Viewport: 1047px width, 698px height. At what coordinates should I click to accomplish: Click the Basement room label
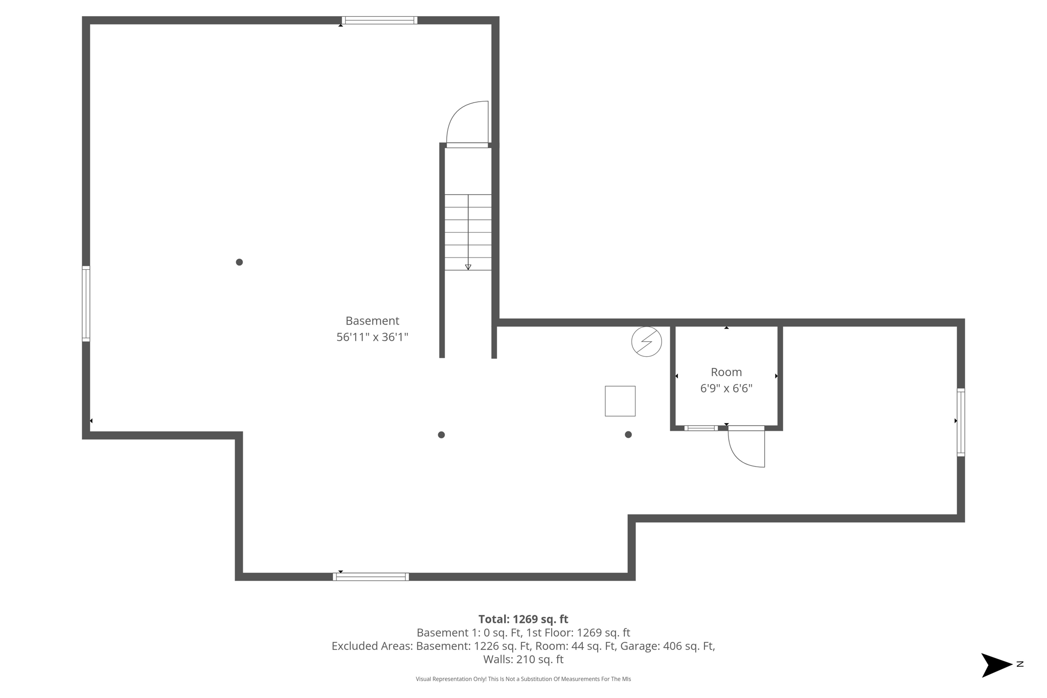click(x=372, y=321)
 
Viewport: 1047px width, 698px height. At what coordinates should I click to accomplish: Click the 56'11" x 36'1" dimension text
click(x=372, y=337)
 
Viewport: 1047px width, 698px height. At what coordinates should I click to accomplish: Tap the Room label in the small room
click(x=726, y=372)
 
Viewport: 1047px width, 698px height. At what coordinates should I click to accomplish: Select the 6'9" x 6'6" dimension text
click(x=726, y=388)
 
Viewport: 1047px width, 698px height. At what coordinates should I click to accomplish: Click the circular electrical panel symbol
click(x=647, y=341)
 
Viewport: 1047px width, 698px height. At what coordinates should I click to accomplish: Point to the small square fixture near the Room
click(x=620, y=401)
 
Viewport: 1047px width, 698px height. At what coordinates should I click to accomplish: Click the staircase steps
click(x=468, y=232)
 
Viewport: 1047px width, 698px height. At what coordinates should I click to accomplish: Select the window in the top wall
click(x=379, y=20)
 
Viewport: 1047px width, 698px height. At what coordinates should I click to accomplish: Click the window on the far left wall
click(x=86, y=304)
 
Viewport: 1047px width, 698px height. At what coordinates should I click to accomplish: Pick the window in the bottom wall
click(x=371, y=577)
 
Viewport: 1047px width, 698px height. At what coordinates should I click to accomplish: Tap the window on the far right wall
click(x=961, y=422)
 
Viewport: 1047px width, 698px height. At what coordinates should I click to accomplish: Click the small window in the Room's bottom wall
click(x=701, y=428)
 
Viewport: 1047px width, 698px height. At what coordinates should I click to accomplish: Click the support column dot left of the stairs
click(x=239, y=262)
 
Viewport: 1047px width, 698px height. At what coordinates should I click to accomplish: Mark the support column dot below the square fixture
click(x=628, y=435)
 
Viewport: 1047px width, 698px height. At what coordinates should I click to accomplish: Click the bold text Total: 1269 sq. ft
click(x=523, y=619)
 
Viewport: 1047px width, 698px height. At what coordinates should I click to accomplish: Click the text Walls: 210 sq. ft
click(x=523, y=660)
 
